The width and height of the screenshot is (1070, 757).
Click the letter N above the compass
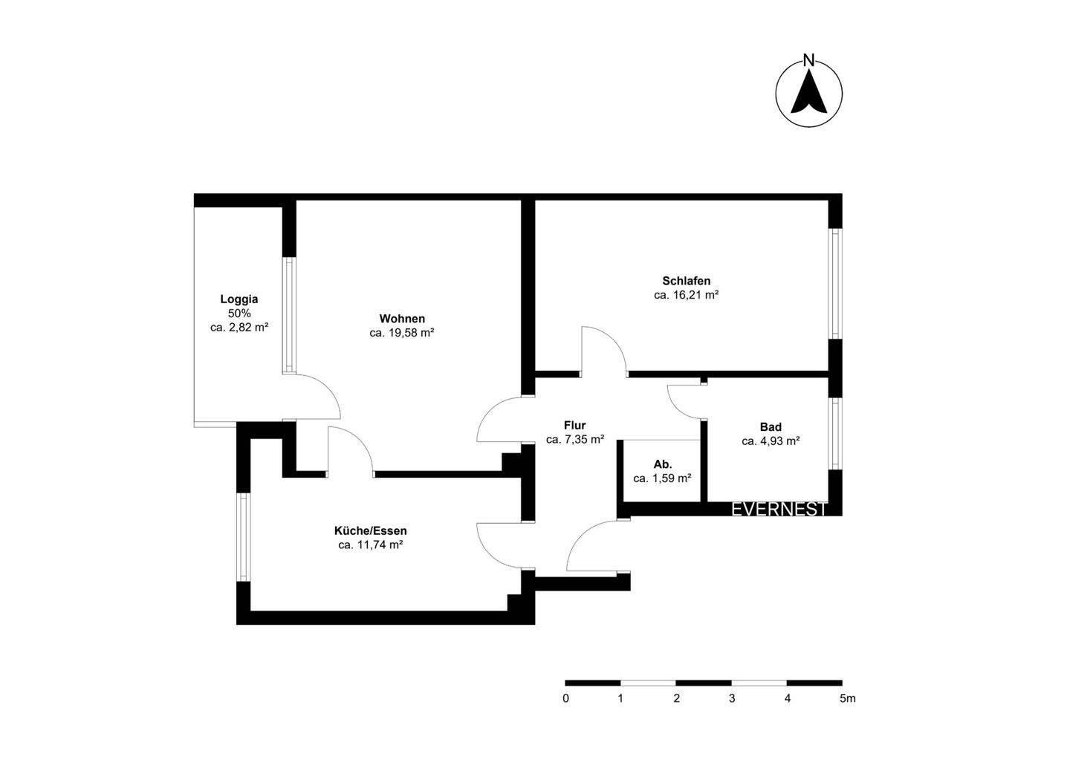[x=809, y=60]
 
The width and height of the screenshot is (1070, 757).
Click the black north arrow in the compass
[x=809, y=92]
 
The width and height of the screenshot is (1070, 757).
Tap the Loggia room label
[x=239, y=299]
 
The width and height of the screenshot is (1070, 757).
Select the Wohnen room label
[x=402, y=319]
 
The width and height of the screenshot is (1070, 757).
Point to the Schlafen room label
[x=687, y=281]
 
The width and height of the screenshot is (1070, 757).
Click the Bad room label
[x=771, y=427]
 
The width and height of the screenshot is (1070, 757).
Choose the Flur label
[x=574, y=426]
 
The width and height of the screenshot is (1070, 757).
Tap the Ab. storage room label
[x=663, y=464]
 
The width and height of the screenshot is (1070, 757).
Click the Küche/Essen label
[x=371, y=531]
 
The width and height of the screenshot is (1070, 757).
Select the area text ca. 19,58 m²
[x=402, y=333]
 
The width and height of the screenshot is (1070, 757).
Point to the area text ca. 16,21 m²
[x=687, y=295]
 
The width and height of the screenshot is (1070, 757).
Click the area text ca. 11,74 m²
[x=371, y=545]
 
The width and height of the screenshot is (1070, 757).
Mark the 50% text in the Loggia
[x=239, y=313]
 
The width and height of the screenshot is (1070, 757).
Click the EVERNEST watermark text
[x=779, y=510]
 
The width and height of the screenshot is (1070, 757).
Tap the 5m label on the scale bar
[x=847, y=698]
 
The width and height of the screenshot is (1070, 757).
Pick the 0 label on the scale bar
[x=566, y=698]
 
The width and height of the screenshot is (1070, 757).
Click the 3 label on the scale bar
[x=732, y=698]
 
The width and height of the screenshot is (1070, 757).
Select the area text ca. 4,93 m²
[x=771, y=441]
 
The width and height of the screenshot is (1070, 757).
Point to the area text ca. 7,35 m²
[x=574, y=440]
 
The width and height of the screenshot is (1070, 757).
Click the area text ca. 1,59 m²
[x=663, y=478]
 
